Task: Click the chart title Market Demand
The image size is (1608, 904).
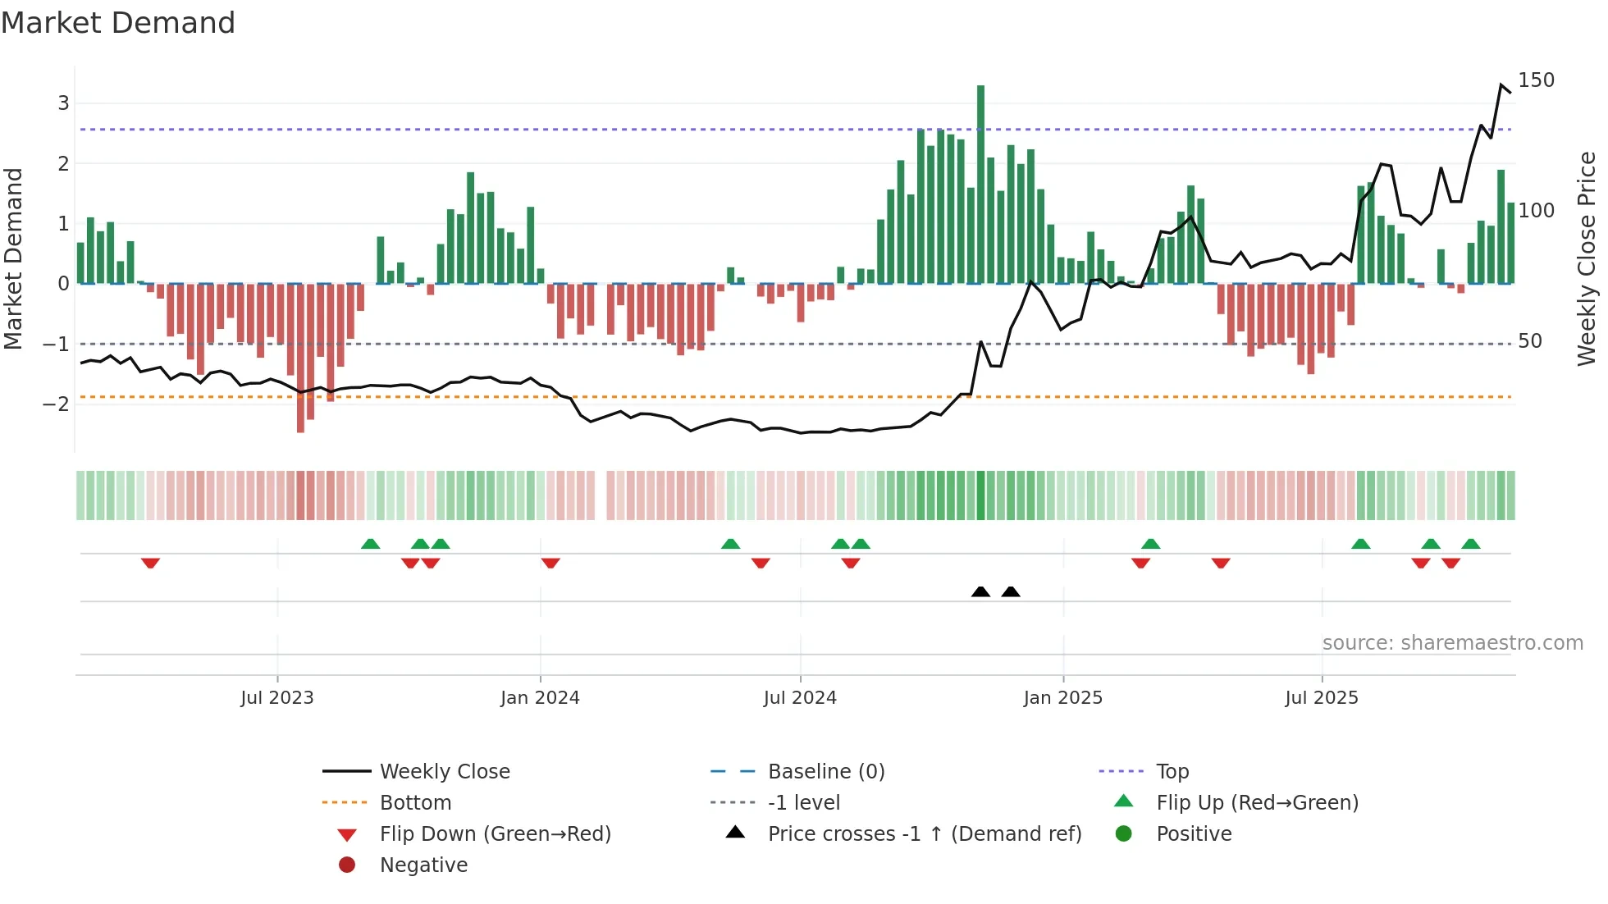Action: click(118, 23)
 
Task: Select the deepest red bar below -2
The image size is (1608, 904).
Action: click(300, 358)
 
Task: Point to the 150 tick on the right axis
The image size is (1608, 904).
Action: click(1536, 80)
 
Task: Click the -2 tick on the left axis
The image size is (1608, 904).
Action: click(56, 404)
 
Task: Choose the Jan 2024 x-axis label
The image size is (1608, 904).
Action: click(540, 698)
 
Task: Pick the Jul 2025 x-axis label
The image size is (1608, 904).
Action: click(1321, 698)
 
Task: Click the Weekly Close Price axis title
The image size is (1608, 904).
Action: click(1587, 258)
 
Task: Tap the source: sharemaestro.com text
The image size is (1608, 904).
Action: click(1452, 643)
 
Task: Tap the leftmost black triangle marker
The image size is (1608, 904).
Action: click(980, 591)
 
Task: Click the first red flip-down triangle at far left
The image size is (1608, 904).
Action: click(150, 563)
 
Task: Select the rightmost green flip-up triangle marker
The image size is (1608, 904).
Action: click(1471, 544)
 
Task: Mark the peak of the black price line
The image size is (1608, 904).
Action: click(1501, 85)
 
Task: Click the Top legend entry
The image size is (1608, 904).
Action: click(1172, 772)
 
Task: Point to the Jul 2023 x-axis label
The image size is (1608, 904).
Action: click(277, 698)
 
